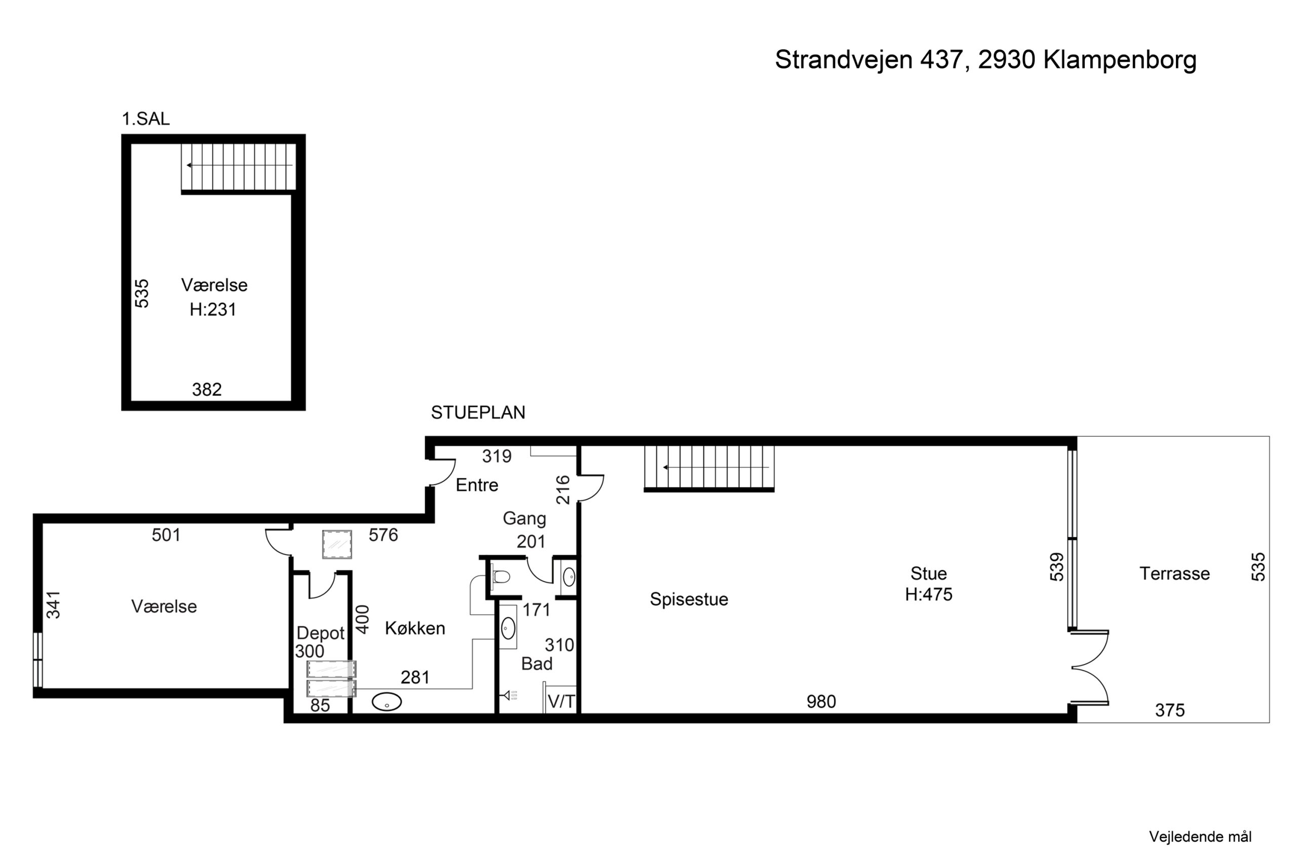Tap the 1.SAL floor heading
[x=145, y=119]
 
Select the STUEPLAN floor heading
[x=478, y=412]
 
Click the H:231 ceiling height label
[x=213, y=310]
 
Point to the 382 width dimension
[x=207, y=390]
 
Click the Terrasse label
[x=1174, y=574]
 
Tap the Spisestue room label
[x=689, y=599]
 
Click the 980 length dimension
[x=821, y=702]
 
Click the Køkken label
[x=415, y=628]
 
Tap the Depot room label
[x=320, y=633]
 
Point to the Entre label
[x=477, y=485]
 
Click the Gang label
[x=524, y=518]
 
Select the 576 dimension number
[x=383, y=535]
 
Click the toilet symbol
[x=500, y=577]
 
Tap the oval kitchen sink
[x=387, y=702]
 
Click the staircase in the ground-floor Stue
[x=709, y=468]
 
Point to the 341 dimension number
[x=53, y=605]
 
